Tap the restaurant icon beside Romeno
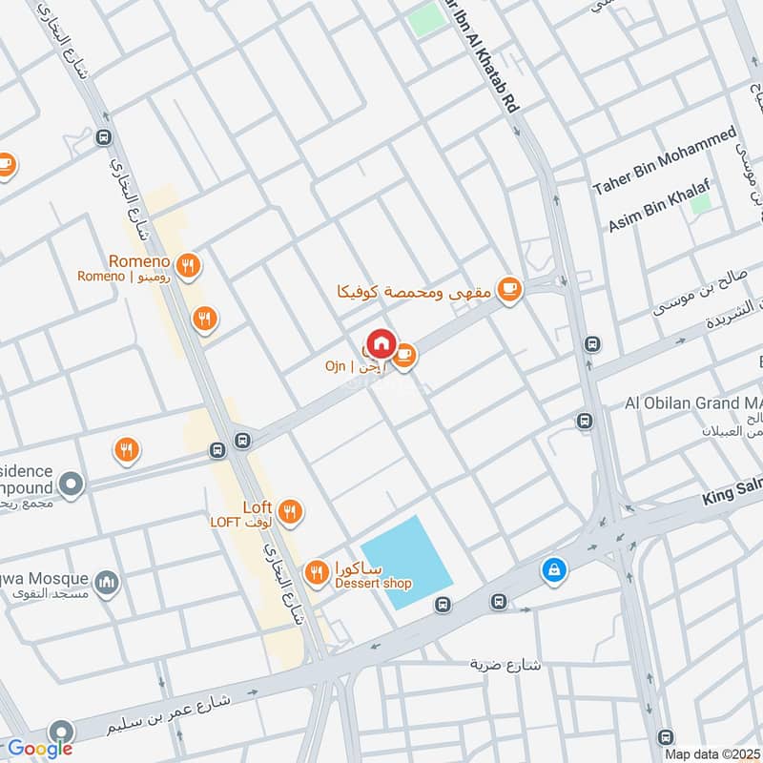tap(190, 266)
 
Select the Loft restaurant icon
tap(291, 511)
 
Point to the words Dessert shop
tap(373, 584)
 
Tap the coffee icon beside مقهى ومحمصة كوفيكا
tap(509, 289)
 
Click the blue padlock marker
tap(552, 570)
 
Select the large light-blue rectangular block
tap(407, 564)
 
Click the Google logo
tap(40, 749)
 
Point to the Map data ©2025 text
tap(711, 753)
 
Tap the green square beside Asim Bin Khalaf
tap(701, 202)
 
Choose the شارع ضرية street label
tap(505, 664)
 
